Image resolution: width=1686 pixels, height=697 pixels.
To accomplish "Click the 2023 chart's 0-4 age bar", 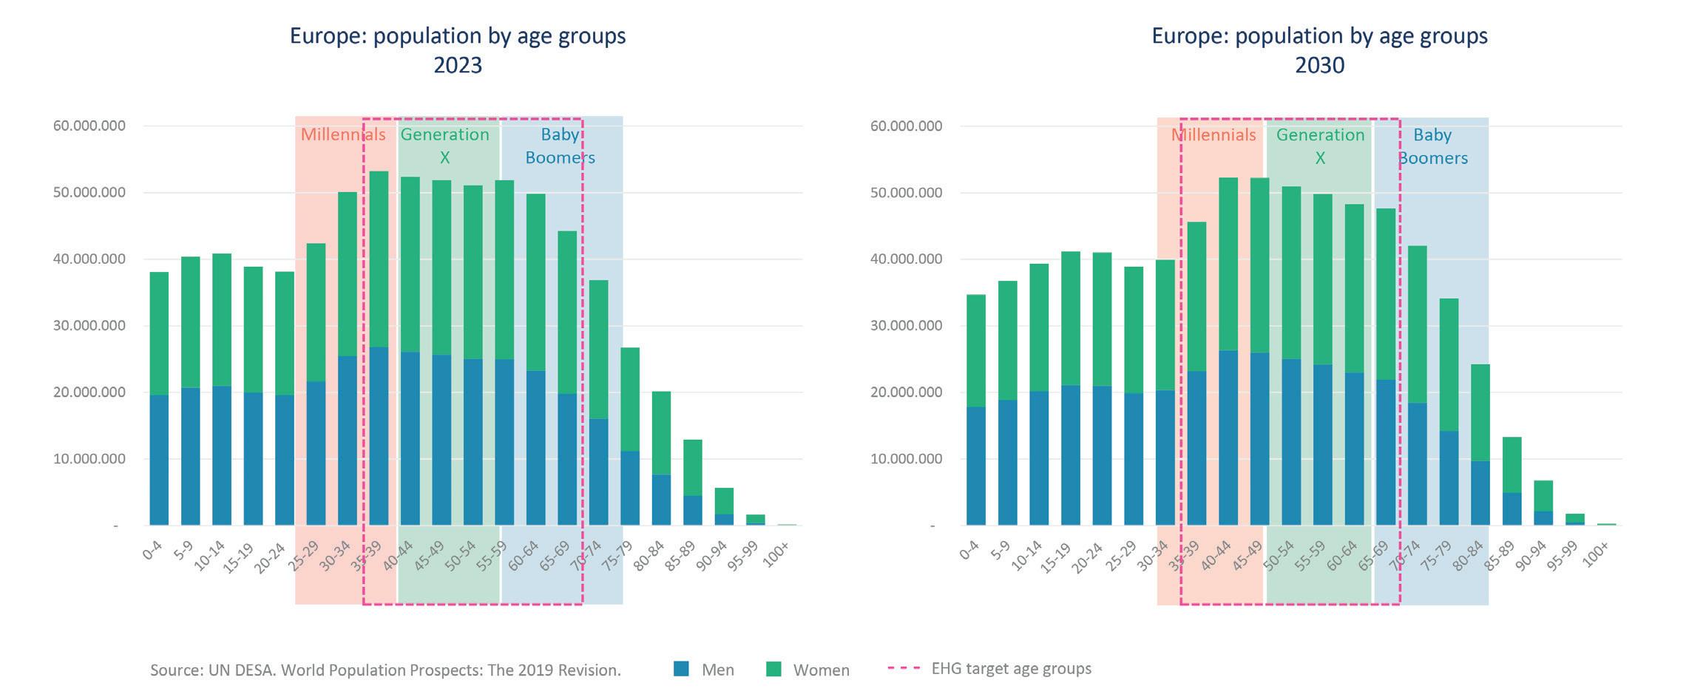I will coord(159,399).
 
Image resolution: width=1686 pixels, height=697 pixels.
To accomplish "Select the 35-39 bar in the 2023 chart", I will coord(379,348).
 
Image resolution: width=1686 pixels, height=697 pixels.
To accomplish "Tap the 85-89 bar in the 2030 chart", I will coord(1512,481).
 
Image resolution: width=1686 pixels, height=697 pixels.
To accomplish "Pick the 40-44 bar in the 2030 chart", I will coord(1228,352).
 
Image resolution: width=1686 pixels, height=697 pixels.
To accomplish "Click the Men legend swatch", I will coord(682,669).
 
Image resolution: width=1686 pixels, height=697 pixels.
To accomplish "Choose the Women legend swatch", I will coord(773,670).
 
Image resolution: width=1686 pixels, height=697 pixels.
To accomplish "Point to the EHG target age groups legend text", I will coord(1011,669).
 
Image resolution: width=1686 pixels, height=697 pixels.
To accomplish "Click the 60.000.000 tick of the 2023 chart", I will coord(89,126).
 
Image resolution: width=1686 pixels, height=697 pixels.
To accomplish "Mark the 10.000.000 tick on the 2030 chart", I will coord(906,459).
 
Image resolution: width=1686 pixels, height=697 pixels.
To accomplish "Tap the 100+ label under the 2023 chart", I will coord(776,554).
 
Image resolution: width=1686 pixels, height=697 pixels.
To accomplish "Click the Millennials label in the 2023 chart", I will coord(343,135).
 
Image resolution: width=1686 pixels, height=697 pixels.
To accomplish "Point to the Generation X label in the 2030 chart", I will coord(1320,146).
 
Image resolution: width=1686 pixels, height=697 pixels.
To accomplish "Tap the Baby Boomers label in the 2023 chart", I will coord(560,146).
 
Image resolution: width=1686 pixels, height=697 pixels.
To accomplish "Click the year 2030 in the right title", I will coord(1319,65).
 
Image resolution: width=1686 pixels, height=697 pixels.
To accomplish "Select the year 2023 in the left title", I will coord(458,65).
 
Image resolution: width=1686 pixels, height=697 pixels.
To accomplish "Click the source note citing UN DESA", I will coord(385,670).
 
